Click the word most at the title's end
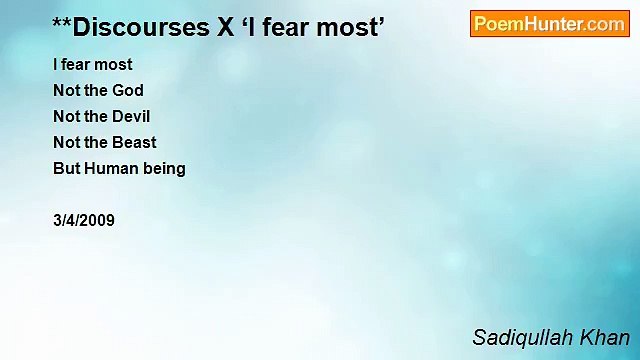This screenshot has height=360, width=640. click(x=352, y=27)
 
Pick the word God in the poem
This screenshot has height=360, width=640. click(x=128, y=90)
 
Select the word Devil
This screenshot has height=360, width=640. click(x=131, y=116)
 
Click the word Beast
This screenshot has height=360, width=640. click(x=134, y=142)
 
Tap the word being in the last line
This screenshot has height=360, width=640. click(x=164, y=169)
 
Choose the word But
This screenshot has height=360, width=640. click(x=66, y=168)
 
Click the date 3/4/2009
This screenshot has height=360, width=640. click(x=84, y=220)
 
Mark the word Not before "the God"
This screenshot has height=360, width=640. click(x=66, y=90)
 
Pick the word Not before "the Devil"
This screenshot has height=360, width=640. click(x=66, y=116)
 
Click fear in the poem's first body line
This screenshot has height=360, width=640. click(x=78, y=64)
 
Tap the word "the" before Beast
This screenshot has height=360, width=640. click(x=96, y=142)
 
